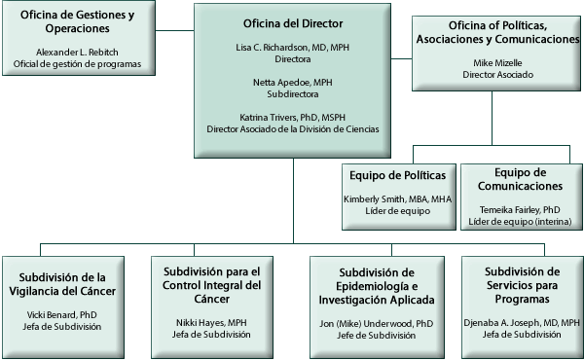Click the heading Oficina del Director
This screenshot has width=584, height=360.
293,21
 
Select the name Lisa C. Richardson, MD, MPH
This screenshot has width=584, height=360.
293,47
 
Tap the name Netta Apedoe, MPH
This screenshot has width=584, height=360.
293,85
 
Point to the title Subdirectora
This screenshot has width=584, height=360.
293,97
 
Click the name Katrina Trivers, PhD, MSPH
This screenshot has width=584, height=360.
293,118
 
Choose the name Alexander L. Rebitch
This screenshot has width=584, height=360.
77,52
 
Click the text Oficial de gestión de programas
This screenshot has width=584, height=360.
77,64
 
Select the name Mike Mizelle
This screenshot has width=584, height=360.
496,62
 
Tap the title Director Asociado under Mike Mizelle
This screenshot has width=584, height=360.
496,75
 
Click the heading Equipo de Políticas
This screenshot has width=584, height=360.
397,175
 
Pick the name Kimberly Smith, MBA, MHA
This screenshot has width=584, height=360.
397,199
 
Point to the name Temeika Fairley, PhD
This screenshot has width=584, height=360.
521,209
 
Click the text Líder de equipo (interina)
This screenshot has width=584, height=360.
521,222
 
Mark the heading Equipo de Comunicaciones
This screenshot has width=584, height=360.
521,178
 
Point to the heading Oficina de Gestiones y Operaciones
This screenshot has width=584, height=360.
77,22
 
